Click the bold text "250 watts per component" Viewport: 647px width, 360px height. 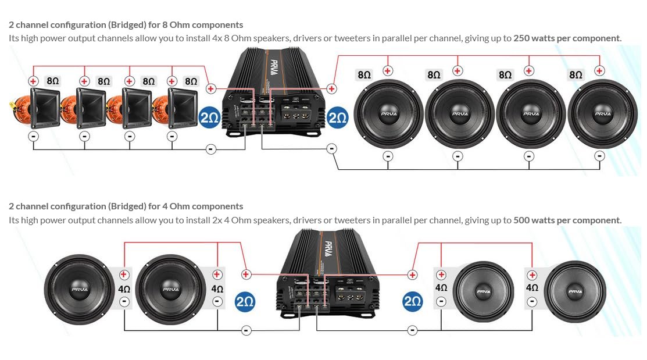pos(567,38)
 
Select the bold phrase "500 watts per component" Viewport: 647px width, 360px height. pos(567,220)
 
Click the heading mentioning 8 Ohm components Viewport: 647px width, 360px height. pos(126,25)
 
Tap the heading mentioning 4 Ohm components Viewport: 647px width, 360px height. pos(126,206)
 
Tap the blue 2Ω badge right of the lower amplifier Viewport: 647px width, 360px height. pos(412,301)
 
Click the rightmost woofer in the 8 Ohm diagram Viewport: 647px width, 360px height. pos(602,114)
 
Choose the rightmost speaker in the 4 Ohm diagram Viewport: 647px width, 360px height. pos(575,291)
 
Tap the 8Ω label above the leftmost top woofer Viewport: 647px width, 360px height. pos(364,74)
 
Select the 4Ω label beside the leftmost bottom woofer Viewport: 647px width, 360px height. pos(124,288)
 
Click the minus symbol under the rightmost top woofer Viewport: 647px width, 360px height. pos(600,156)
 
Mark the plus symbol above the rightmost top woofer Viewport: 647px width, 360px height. pos(599,71)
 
